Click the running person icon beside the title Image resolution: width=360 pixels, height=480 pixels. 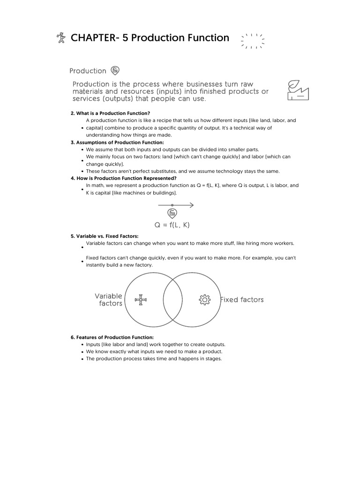(x=60, y=37)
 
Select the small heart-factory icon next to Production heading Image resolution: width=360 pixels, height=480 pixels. (x=115, y=71)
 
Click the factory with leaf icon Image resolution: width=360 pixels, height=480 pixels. (x=298, y=90)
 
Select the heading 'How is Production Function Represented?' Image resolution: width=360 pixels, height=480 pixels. (x=123, y=178)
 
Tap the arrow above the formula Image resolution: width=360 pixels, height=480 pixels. (x=175, y=205)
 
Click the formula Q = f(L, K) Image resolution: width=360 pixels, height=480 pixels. (x=172, y=225)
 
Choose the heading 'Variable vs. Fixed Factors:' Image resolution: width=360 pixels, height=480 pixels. (x=105, y=236)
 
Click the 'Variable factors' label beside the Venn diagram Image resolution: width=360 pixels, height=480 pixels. (x=108, y=300)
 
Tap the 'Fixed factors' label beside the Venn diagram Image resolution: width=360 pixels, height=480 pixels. (x=242, y=300)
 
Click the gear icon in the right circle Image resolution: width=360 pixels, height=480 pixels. (x=204, y=300)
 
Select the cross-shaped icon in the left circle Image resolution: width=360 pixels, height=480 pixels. (x=141, y=300)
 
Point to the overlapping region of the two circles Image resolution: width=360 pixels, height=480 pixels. (x=172, y=300)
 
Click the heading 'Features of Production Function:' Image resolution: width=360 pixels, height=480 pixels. (x=112, y=337)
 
